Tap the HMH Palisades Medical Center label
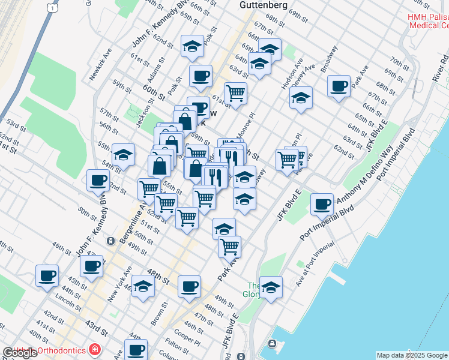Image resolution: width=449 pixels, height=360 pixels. click(x=427, y=21)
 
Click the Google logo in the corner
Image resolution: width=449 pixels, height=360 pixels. click(x=19, y=353)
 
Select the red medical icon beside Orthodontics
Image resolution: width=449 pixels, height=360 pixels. click(x=94, y=349)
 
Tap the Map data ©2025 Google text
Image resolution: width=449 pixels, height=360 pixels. click(x=412, y=355)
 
